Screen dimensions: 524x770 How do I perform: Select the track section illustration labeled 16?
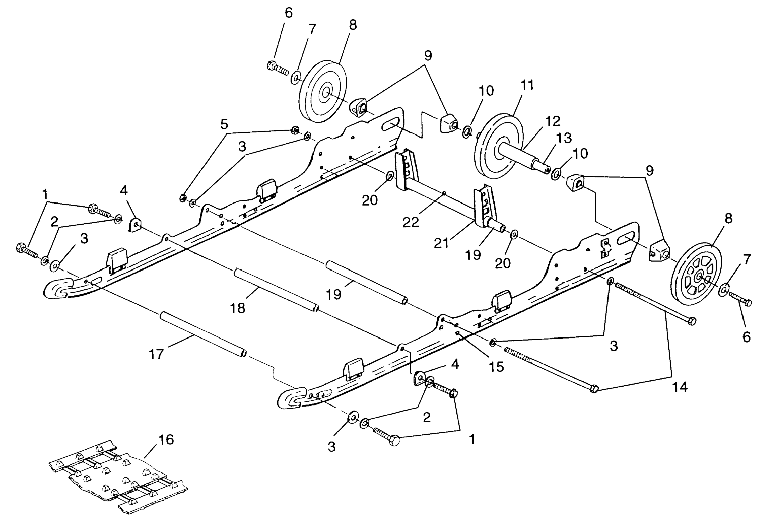click(118, 477)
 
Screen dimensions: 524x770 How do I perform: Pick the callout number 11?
click(527, 85)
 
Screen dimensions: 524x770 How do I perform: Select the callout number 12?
click(553, 121)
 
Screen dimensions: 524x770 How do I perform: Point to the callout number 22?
click(411, 222)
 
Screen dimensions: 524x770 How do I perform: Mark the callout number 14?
click(680, 387)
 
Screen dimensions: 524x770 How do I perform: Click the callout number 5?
click(224, 125)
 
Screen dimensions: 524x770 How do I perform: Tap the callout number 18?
click(238, 308)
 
